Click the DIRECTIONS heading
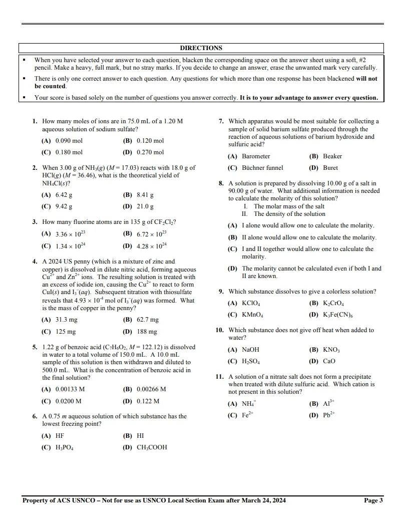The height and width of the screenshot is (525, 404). click(x=201, y=48)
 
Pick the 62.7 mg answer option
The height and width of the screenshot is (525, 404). click(x=147, y=320)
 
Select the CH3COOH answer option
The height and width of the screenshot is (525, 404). click(x=152, y=447)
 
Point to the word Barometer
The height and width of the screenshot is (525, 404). click(x=256, y=156)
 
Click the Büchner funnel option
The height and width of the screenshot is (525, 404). click(x=262, y=168)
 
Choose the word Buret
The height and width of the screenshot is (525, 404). click(x=330, y=168)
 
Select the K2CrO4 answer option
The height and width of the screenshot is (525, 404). click(x=333, y=304)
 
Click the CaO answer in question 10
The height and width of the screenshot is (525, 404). click(x=329, y=361)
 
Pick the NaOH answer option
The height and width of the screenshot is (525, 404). click(x=250, y=350)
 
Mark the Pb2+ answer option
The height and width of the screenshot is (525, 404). click(x=329, y=415)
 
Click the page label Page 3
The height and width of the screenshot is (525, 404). click(x=373, y=500)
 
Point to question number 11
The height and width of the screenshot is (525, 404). click(x=219, y=377)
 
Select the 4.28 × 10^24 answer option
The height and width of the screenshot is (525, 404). click(x=151, y=246)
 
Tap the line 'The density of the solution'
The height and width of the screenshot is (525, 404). click(x=289, y=214)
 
